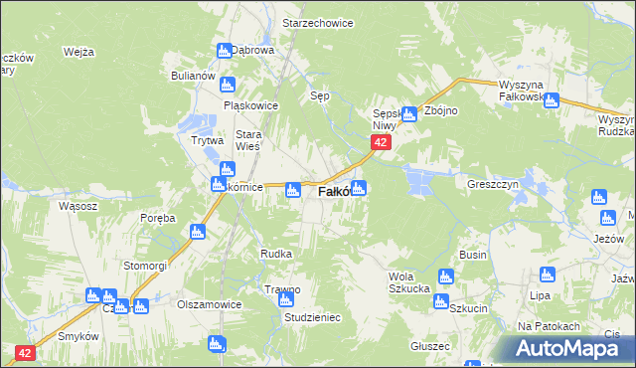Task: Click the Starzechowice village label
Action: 318,22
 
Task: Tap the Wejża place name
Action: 78,52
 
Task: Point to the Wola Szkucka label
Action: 408,281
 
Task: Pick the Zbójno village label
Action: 440,110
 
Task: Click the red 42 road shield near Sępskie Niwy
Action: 380,143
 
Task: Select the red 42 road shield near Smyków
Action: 26,352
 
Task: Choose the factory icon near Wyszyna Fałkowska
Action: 551,99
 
